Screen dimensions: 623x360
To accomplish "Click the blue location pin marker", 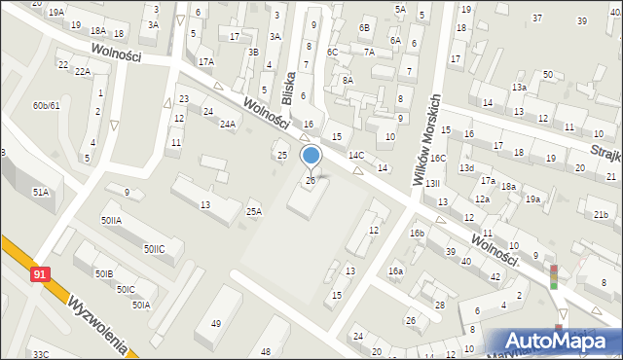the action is tap(311, 157).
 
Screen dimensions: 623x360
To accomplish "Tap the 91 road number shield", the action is tap(38, 275).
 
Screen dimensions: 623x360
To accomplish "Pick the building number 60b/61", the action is tap(46, 105).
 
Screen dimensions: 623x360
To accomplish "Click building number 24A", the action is tap(228, 124).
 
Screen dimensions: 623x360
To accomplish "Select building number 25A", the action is tap(254, 211).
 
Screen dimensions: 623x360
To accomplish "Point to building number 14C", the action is tap(356, 155).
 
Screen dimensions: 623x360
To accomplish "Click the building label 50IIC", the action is tap(155, 249).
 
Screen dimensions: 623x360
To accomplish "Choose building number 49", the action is tap(215, 323).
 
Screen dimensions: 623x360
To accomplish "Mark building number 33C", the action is tap(40, 354).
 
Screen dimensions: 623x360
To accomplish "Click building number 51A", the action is tap(40, 193).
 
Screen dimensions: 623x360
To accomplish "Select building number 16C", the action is tap(439, 158).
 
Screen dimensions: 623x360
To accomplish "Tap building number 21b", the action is tap(601, 214).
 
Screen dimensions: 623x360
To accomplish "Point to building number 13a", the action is tap(520, 88).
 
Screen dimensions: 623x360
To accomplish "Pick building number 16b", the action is tap(417, 234).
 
